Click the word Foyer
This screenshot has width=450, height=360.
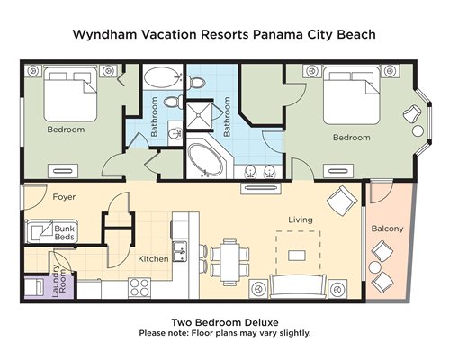[64, 197]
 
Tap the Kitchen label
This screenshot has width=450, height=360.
[153, 258]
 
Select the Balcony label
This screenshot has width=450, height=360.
[387, 229]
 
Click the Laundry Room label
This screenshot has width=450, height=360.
[59, 281]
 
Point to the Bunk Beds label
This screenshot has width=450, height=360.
[64, 233]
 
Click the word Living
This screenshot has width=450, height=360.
[301, 220]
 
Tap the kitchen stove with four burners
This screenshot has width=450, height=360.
[139, 288]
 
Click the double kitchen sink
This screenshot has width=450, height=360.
[179, 252]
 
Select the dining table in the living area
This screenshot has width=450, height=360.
[229, 262]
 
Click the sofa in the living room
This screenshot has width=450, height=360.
[298, 286]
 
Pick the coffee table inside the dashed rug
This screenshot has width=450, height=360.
[297, 256]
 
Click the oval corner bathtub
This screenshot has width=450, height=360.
[205, 160]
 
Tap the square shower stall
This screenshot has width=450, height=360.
[199, 115]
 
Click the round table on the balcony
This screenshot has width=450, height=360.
[374, 266]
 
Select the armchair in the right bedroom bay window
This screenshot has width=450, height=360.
[412, 114]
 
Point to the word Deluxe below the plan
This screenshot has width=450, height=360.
[262, 322]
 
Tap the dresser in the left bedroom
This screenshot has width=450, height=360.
[63, 171]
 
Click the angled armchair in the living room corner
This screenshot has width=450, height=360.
[342, 200]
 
